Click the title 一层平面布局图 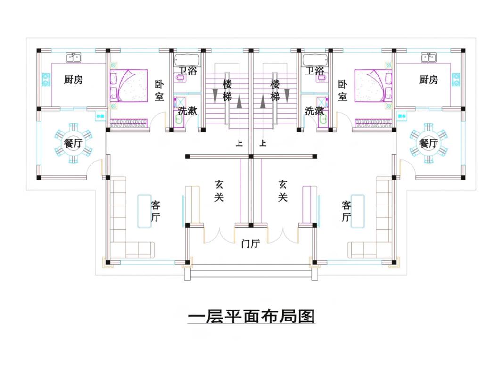[251, 316]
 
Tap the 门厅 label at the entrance [250, 244]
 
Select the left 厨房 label [74, 80]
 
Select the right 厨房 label [429, 80]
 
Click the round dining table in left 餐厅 [73, 143]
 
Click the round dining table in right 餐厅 [429, 143]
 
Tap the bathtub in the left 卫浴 [187, 60]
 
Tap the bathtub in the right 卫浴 [315, 60]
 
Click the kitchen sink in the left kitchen [73, 57]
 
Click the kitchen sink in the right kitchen [429, 57]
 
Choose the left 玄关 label [219, 191]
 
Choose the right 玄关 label [283, 191]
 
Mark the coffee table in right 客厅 [358, 211]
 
